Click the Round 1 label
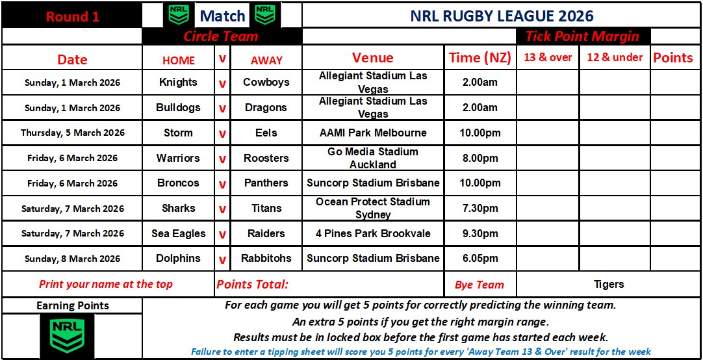[x=72, y=17]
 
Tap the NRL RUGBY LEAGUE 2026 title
[x=502, y=16]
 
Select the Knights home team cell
[x=178, y=82]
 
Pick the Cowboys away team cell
[x=266, y=82]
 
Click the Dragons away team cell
[x=266, y=108]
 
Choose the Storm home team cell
[x=178, y=133]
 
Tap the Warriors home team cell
[x=178, y=158]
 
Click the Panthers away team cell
[x=266, y=183]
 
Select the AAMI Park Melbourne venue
[x=373, y=133]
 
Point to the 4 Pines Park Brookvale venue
[x=373, y=233]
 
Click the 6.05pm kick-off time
[x=479, y=259]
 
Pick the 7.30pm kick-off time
[x=479, y=208]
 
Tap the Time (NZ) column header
[x=480, y=58]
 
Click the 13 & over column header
[x=548, y=57]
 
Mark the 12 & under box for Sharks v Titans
[x=615, y=208]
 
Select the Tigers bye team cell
[x=609, y=284]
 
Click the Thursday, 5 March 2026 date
[x=73, y=133]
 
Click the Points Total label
[x=252, y=284]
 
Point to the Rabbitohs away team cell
[x=266, y=259]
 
